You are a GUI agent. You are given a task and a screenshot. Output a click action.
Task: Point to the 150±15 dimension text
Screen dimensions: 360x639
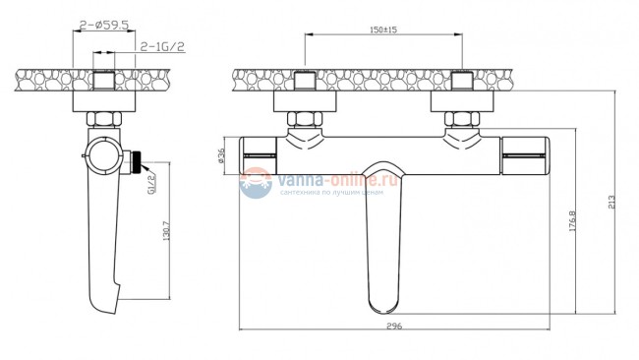(383, 30)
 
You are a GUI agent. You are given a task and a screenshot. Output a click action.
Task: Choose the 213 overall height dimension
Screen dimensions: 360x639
(612, 203)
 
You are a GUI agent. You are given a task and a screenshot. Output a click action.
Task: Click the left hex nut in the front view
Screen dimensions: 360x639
(302, 122)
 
